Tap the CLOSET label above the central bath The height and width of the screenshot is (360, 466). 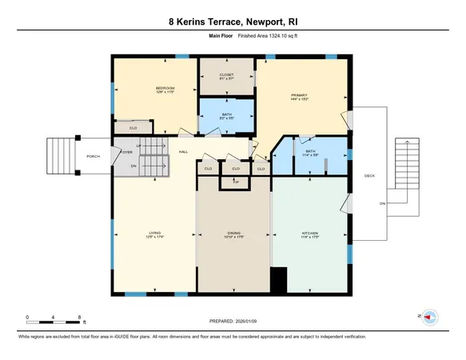click(x=226, y=75)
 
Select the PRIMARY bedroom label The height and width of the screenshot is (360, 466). click(x=300, y=96)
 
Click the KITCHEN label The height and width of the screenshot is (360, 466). click(x=309, y=234)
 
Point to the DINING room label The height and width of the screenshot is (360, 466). click(x=234, y=234)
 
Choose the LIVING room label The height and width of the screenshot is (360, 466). click(x=154, y=234)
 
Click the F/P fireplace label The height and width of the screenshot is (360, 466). click(x=235, y=182)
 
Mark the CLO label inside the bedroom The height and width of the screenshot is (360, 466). click(x=133, y=128)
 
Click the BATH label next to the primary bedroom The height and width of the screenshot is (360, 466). click(x=310, y=150)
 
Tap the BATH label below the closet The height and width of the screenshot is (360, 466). click(x=226, y=115)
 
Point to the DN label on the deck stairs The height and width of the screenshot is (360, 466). click(x=382, y=203)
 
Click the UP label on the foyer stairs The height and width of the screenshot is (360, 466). click(x=139, y=146)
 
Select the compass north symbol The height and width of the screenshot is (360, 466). click(x=429, y=316)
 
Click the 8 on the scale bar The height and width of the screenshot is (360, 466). click(x=78, y=318)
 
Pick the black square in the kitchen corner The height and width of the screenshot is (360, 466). click(x=278, y=280)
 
